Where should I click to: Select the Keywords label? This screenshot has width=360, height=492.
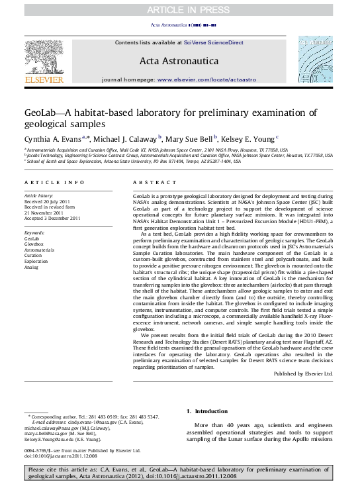[34, 234]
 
